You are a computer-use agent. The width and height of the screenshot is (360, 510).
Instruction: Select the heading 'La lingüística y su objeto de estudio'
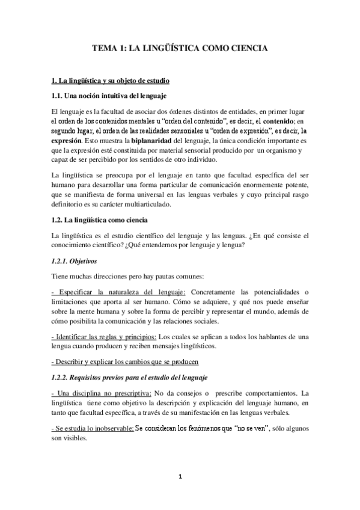pyautogui.click(x=111, y=80)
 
